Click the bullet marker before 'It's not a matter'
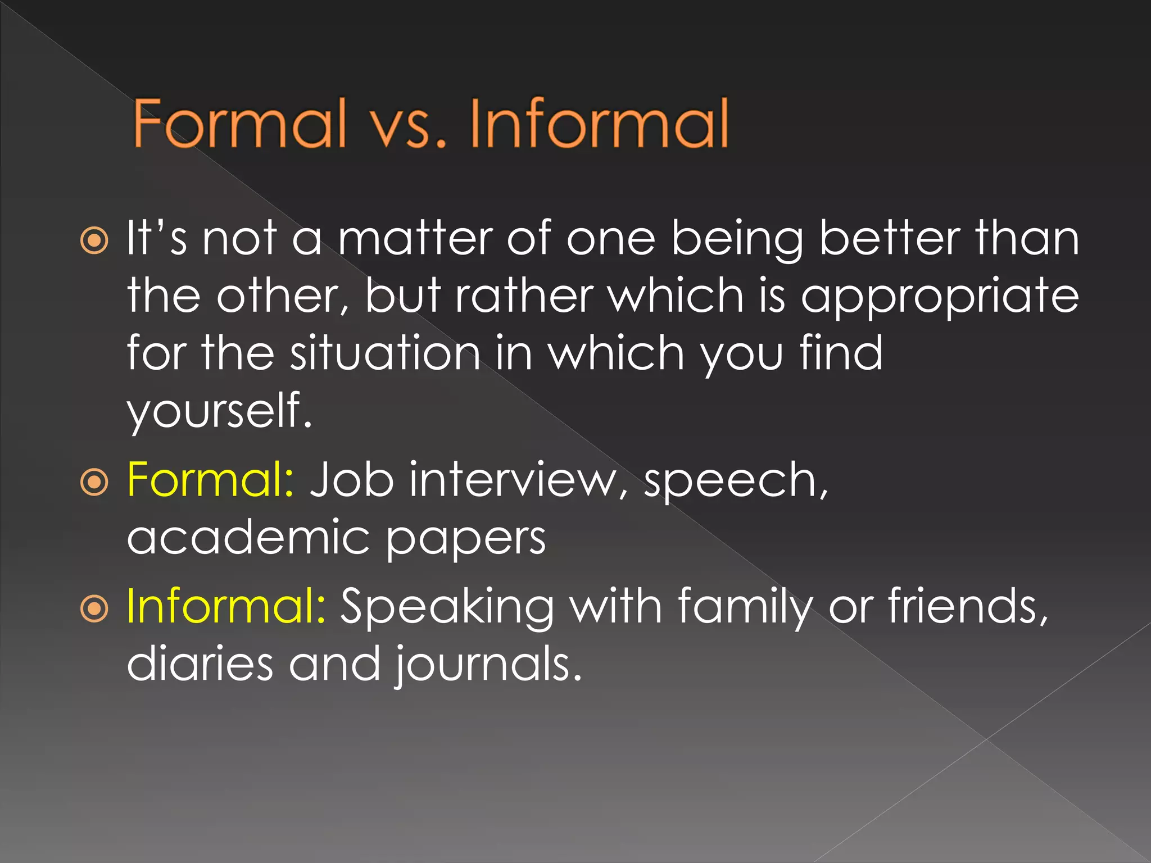point(94,241)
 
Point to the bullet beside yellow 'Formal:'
point(94,482)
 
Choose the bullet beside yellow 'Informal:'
point(94,608)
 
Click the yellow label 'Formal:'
point(210,480)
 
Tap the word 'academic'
point(248,537)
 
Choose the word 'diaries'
point(200,664)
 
